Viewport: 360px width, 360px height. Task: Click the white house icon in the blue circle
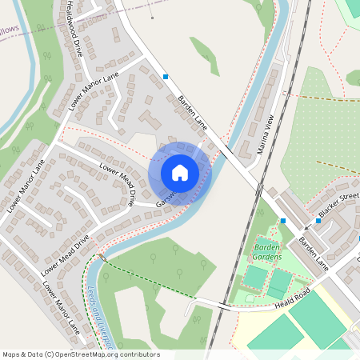click(x=180, y=173)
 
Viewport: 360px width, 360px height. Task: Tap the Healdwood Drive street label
click(x=75, y=29)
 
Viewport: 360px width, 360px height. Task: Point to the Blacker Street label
click(x=338, y=206)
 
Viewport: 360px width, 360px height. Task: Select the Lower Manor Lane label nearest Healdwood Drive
click(x=94, y=90)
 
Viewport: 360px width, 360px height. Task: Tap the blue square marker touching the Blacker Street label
click(x=318, y=222)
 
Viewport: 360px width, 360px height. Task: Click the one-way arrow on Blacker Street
click(x=308, y=226)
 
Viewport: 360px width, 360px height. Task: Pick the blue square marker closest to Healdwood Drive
click(x=166, y=77)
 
